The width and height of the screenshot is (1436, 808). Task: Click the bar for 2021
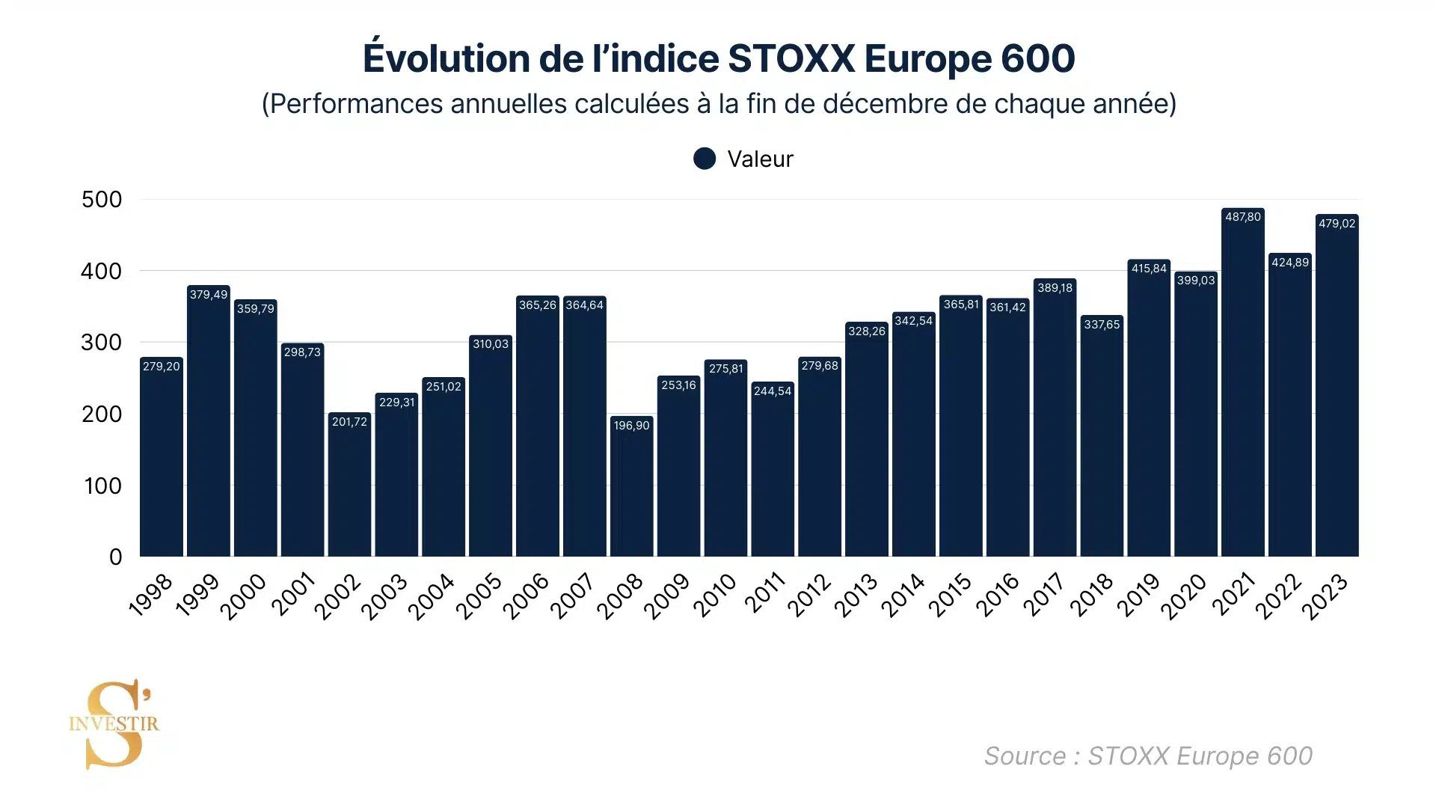click(x=1242, y=389)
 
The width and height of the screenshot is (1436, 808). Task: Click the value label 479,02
click(x=1337, y=224)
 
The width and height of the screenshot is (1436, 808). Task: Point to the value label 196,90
click(x=631, y=426)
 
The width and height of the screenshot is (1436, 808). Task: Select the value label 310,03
click(x=491, y=344)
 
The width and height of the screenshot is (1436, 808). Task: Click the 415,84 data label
click(x=1149, y=269)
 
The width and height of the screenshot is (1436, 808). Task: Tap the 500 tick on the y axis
click(x=102, y=200)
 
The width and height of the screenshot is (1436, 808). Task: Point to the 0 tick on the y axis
click(x=115, y=557)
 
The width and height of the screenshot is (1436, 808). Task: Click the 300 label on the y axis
click(x=102, y=343)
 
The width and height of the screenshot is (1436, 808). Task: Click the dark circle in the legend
click(x=705, y=159)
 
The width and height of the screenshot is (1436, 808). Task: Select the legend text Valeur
click(x=760, y=159)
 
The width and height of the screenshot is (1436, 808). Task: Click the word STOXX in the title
click(x=791, y=58)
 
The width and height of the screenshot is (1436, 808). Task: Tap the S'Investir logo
click(x=114, y=724)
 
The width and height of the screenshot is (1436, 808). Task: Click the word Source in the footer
click(x=1025, y=756)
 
